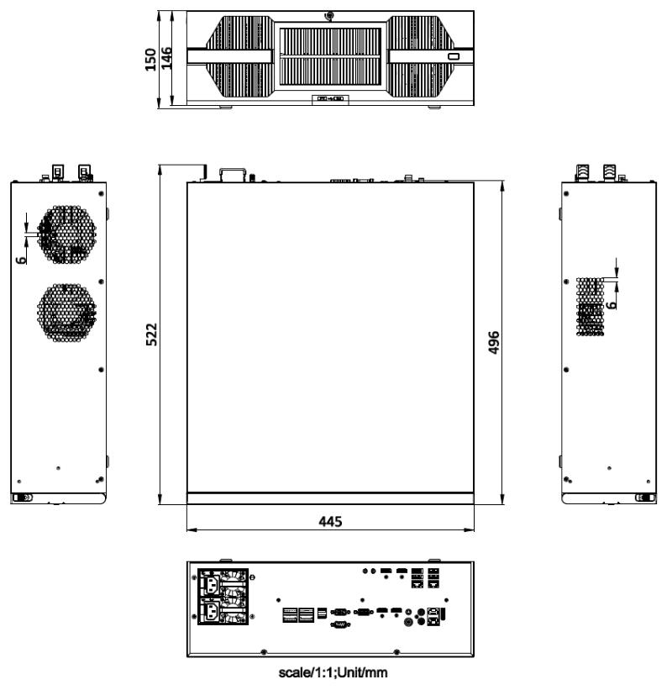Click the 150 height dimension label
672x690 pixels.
click(x=150, y=60)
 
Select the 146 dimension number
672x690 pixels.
click(x=166, y=59)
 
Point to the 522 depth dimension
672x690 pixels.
click(x=151, y=334)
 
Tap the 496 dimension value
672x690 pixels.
click(x=494, y=342)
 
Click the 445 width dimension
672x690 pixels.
click(x=330, y=521)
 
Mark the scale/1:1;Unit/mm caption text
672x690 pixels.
click(x=333, y=672)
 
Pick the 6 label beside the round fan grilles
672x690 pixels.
click(x=21, y=260)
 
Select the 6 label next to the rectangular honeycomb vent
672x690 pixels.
click(x=611, y=305)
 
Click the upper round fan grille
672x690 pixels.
click(x=66, y=234)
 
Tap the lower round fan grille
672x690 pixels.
click(x=66, y=313)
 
